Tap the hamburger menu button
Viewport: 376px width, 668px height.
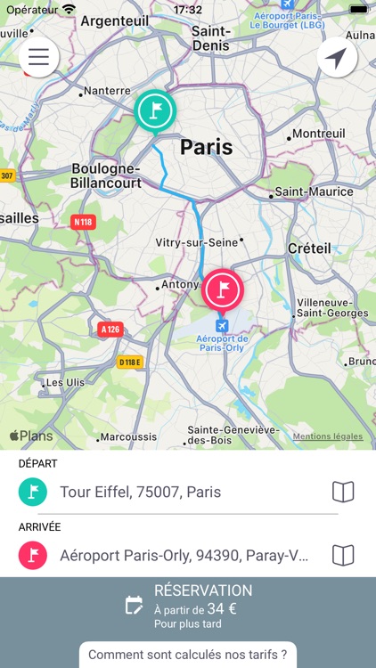pyautogui.click(x=39, y=57)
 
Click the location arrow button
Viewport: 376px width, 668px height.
pyautogui.click(x=337, y=58)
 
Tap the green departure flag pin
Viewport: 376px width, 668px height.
pyautogui.click(x=156, y=110)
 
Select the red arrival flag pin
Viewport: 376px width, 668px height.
pyautogui.click(x=223, y=289)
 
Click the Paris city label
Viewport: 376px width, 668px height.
pyautogui.click(x=206, y=147)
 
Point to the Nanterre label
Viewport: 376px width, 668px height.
pyautogui.click(x=108, y=91)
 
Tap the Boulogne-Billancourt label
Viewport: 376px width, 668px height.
pyautogui.click(x=105, y=175)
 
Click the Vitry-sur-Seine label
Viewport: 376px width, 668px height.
pyautogui.click(x=197, y=242)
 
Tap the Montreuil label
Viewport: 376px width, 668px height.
pyautogui.click(x=319, y=134)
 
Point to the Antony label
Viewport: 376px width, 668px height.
pyautogui.click(x=180, y=285)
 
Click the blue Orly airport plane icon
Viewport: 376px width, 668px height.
pyautogui.click(x=222, y=325)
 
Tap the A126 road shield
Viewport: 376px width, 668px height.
pyautogui.click(x=110, y=330)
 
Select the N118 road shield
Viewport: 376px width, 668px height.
pyautogui.click(x=83, y=222)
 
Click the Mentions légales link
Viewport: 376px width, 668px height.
pyautogui.click(x=328, y=436)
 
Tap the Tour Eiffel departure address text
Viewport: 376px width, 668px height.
pyautogui.click(x=141, y=492)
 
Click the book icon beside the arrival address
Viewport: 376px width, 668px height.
pyautogui.click(x=343, y=556)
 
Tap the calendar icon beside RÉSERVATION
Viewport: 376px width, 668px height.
pyautogui.click(x=135, y=606)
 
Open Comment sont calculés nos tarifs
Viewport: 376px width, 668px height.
pyautogui.click(x=188, y=655)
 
